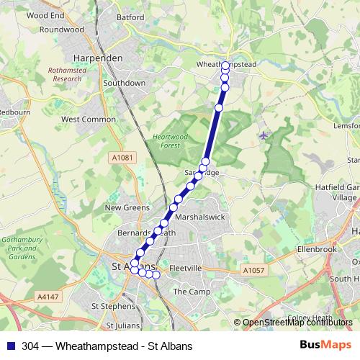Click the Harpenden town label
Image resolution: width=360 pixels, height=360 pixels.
[97, 58]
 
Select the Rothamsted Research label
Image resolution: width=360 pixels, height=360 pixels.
[67, 74]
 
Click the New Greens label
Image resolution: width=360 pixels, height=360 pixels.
[127, 207]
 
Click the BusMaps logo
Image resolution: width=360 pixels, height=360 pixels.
[325, 346]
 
